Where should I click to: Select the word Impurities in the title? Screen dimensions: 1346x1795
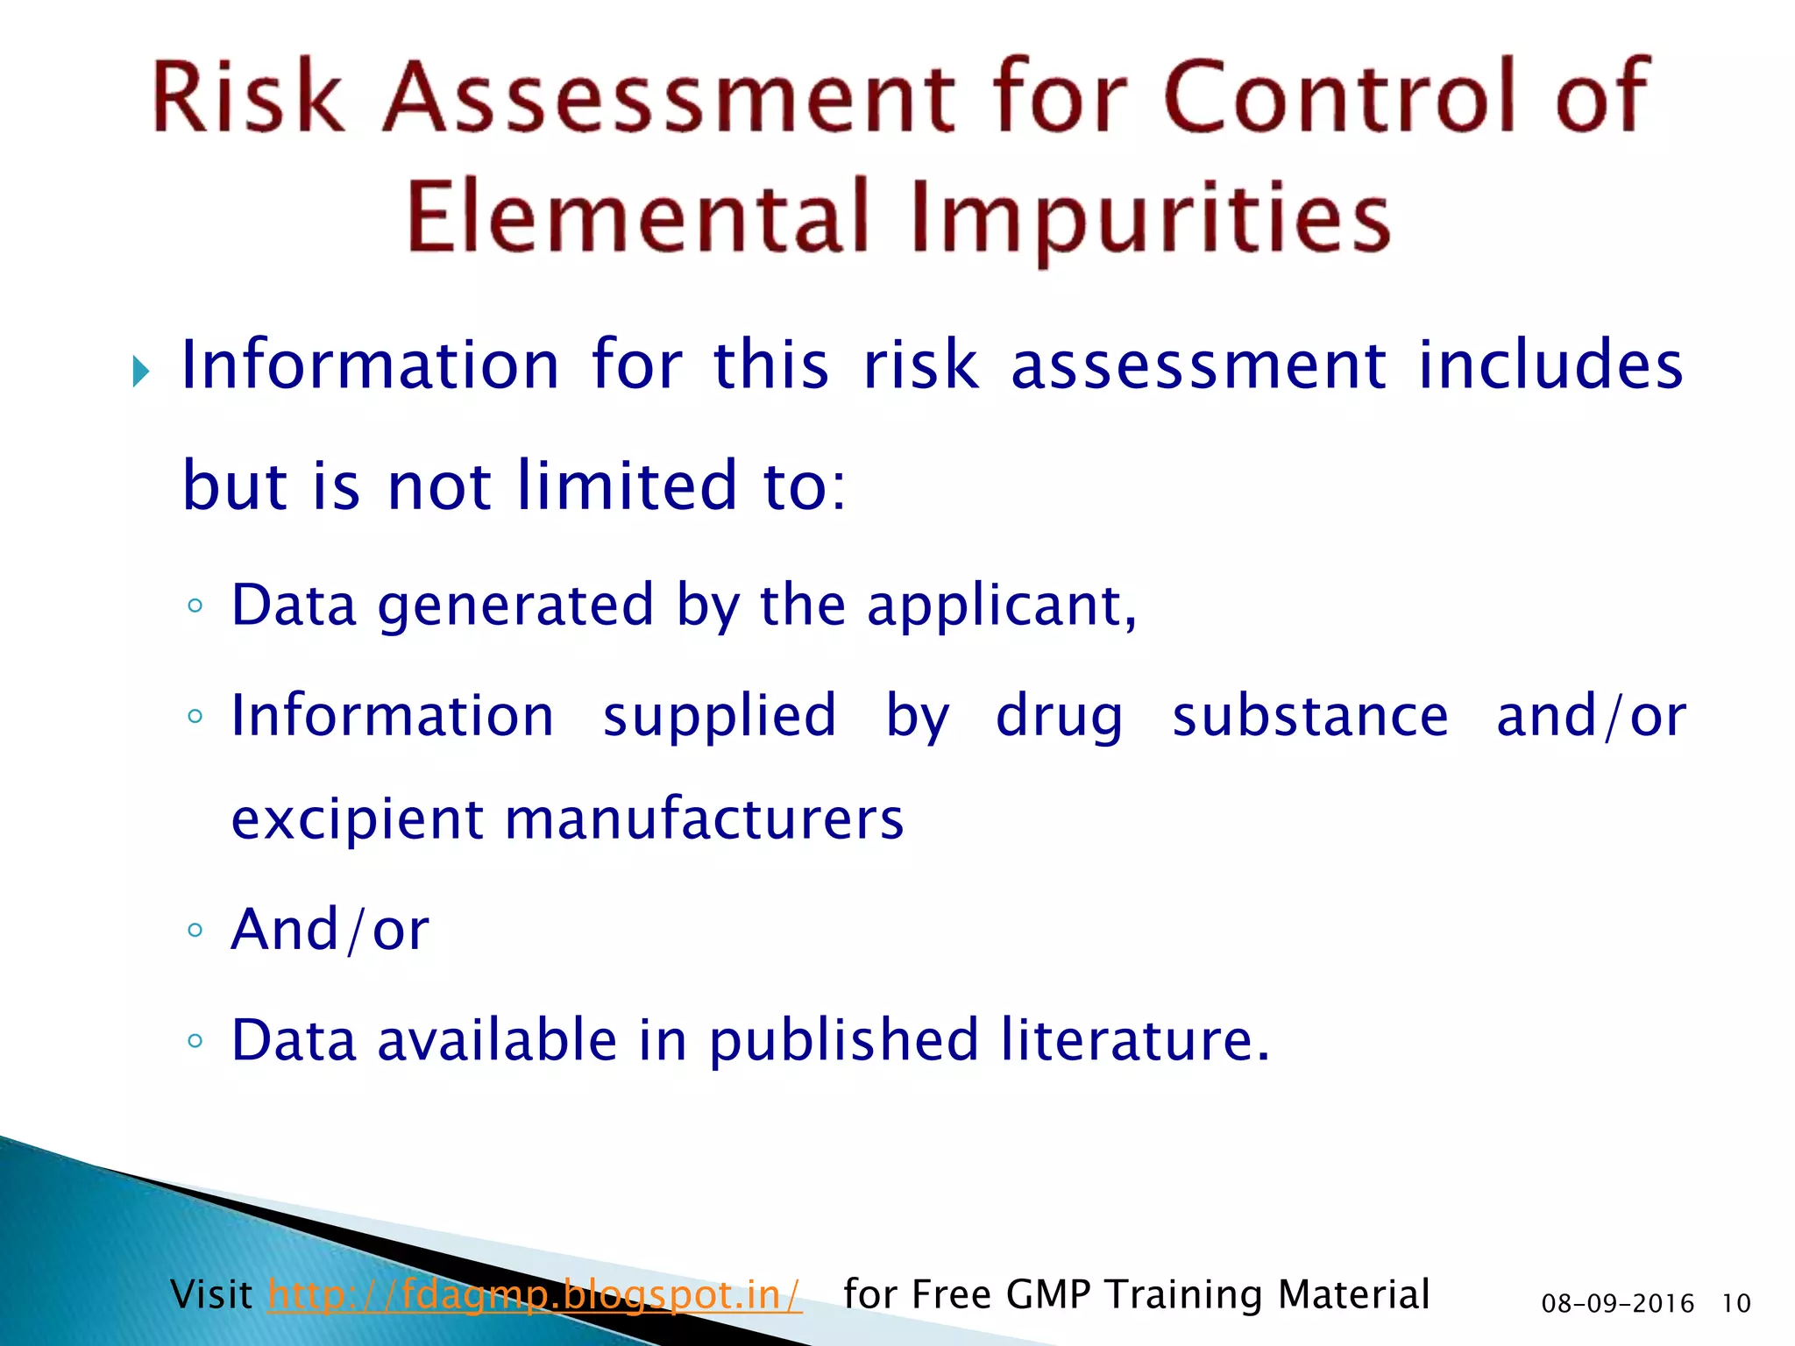click(1151, 219)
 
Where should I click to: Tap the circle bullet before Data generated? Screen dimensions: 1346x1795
click(195, 606)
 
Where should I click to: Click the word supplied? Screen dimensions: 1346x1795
click(720, 718)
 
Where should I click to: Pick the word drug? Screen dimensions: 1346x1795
click(1059, 718)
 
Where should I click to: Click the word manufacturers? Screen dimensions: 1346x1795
click(704, 819)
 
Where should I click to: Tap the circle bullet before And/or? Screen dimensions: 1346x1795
click(195, 930)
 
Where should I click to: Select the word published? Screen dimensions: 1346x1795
click(842, 1041)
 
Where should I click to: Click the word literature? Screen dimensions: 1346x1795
click(1134, 1040)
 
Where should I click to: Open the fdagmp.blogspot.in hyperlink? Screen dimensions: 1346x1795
click(535, 1294)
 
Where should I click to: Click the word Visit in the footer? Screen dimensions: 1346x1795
click(211, 1294)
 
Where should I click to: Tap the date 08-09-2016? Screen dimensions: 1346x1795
click(1617, 1304)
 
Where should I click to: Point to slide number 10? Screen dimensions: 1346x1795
click(1735, 1304)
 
